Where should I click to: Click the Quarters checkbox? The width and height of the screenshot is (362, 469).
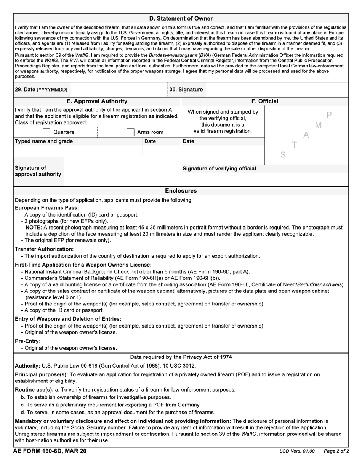pyautogui.click(x=46, y=132)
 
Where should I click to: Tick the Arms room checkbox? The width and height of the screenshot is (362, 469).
pyautogui.click(x=130, y=132)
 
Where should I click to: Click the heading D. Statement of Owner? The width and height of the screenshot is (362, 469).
pyautogui.click(x=181, y=18)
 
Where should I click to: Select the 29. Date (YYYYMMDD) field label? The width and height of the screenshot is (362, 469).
pyautogui.click(x=41, y=90)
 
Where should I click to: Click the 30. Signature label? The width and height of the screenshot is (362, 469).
pyautogui.click(x=186, y=90)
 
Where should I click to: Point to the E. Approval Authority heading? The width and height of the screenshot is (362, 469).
pyautogui.click(x=97, y=101)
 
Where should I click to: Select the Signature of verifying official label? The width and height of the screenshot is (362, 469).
pyautogui.click(x=219, y=169)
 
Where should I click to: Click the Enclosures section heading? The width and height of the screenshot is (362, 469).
pyautogui.click(x=181, y=191)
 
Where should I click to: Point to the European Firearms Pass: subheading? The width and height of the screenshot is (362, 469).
pyautogui.click(x=47, y=208)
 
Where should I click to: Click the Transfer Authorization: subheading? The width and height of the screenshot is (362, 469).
pyautogui.click(x=44, y=249)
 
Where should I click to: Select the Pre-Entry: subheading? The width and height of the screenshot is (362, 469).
pyautogui.click(x=27, y=341)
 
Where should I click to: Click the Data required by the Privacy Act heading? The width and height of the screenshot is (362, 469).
pyautogui.click(x=181, y=357)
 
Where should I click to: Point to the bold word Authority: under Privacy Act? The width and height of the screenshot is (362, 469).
pyautogui.click(x=27, y=366)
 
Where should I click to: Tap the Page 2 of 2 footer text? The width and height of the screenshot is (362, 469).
pyautogui.click(x=336, y=451)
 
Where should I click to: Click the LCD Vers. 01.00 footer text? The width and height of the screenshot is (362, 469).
pyautogui.click(x=297, y=451)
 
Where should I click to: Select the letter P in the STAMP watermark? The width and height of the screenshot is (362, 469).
pyautogui.click(x=329, y=115)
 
